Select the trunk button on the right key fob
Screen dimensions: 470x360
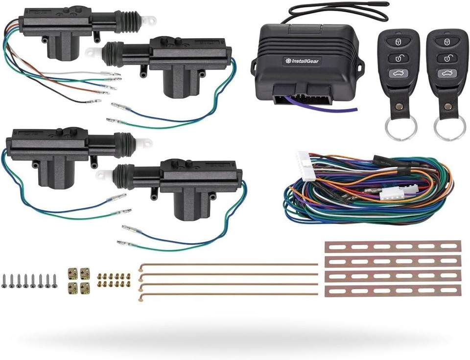coord(446,74)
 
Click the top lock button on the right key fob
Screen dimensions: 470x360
coord(446,41)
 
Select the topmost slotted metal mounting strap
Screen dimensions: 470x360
coord(393,246)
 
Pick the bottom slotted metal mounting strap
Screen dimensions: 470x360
coord(393,291)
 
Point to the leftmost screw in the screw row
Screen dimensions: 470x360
coord(4,280)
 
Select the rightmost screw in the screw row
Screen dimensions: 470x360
coord(54,280)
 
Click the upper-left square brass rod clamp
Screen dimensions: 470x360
coord(72,271)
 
